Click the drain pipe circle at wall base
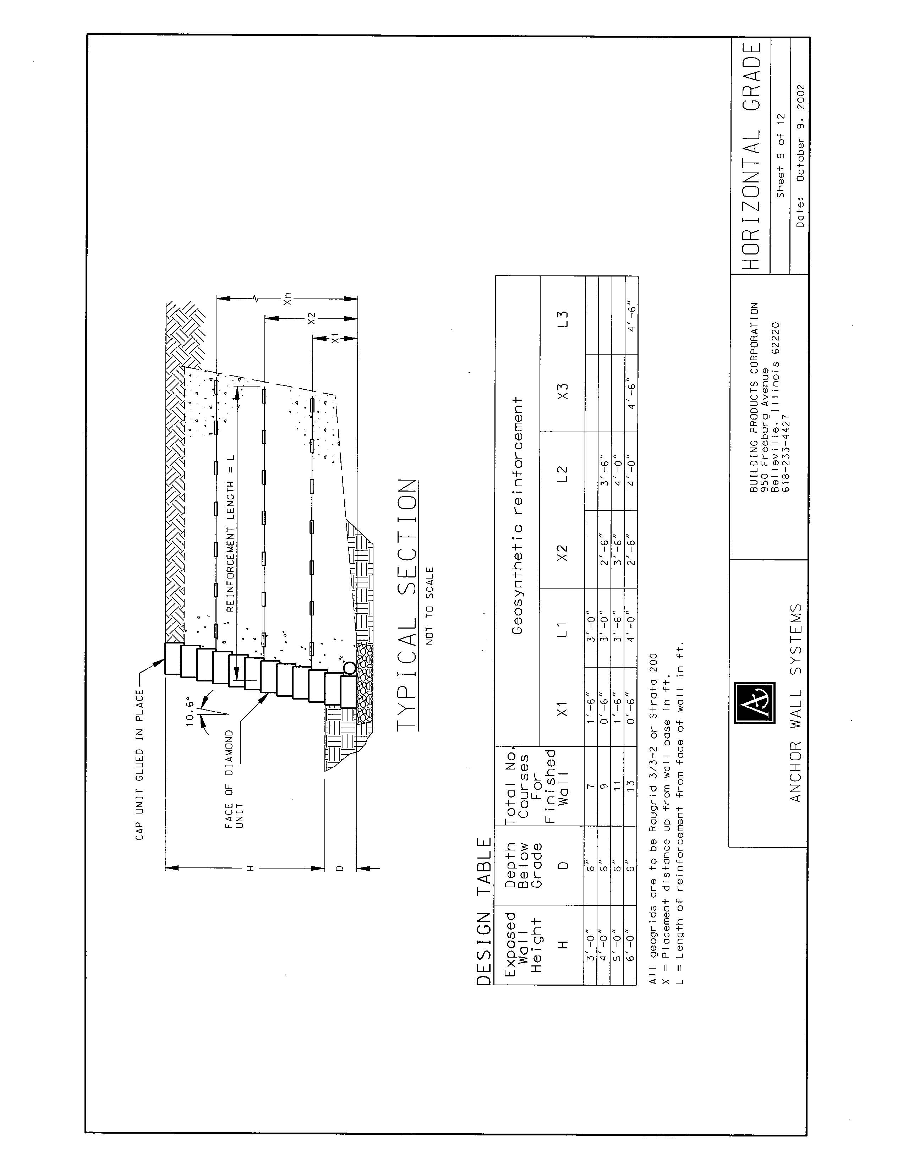(349, 668)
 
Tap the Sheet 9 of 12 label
(781, 155)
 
